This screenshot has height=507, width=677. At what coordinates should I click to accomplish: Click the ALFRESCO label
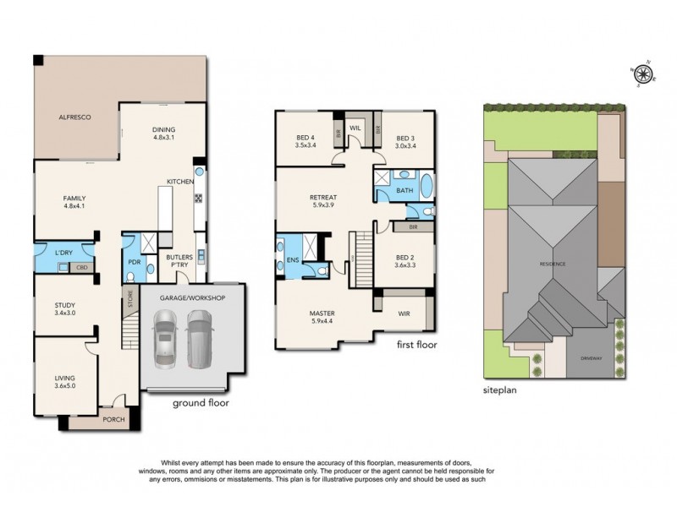[x=74, y=116]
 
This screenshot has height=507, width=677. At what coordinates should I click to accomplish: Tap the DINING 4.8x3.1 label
[x=162, y=133]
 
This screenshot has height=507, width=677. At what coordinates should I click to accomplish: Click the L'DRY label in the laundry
[x=63, y=254]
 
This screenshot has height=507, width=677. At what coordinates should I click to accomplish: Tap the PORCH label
[x=113, y=420]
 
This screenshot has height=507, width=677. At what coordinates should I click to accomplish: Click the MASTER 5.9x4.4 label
[x=322, y=317]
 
